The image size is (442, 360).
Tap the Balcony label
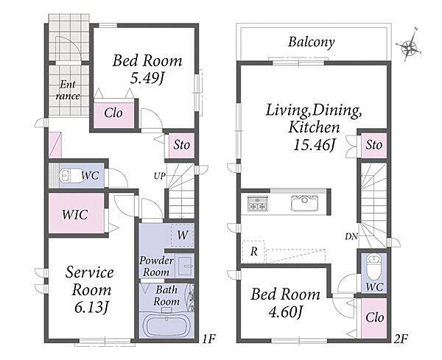pos(311,42)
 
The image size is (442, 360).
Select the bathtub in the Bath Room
pos(167,326)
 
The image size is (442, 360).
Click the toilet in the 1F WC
pos(69,176)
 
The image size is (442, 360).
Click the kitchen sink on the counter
pos(304,202)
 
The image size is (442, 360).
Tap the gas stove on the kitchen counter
pos(257,203)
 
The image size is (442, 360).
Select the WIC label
pos(75,215)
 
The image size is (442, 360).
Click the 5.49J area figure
pos(147,79)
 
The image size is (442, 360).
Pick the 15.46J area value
pos(315,145)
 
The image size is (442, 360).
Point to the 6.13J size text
pos(91,308)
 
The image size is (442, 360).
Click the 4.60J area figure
pos(284,312)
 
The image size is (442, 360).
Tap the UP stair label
pos(160,177)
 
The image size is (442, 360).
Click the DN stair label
pos(351,236)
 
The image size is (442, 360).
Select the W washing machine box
pos(183,235)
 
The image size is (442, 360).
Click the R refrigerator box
pos(253,252)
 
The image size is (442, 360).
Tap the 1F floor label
pos(208,339)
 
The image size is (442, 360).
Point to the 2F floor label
pos(400,339)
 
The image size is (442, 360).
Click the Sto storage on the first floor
pos(181,145)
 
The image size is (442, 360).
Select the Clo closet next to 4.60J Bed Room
pos(374,318)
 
